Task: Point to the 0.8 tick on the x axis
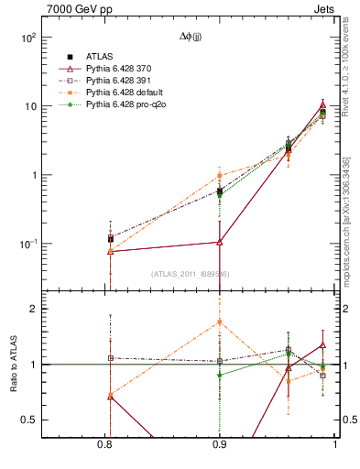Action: tap(107, 446)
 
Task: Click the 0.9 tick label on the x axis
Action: tap(219, 446)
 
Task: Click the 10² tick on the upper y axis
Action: tap(48, 38)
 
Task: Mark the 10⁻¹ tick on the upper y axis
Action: tap(48, 244)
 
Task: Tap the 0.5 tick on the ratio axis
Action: tap(48, 420)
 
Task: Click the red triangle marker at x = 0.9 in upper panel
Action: tap(219, 242)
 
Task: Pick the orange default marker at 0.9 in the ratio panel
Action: tap(219, 322)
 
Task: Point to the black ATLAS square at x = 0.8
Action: tap(110, 238)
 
